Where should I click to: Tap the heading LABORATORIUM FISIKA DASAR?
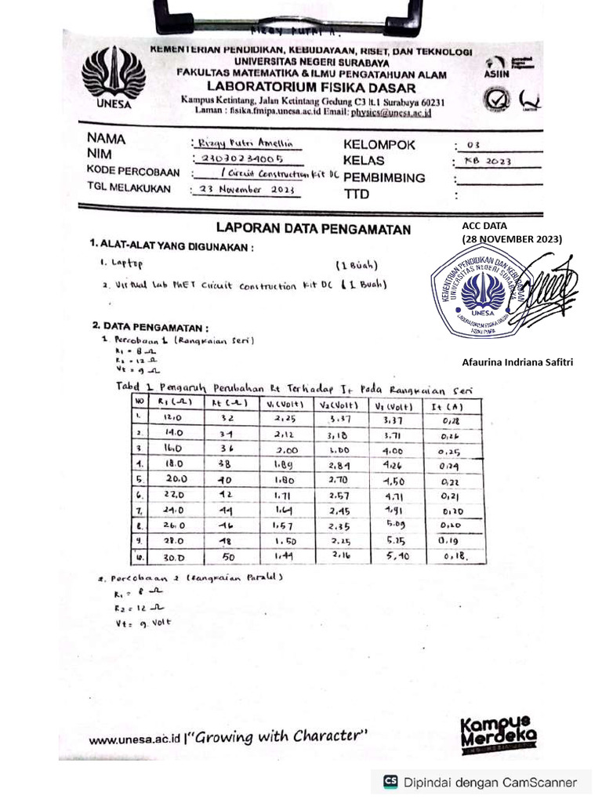click(x=312, y=87)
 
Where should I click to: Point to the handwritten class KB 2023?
click(x=487, y=162)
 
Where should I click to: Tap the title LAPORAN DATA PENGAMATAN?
click(x=313, y=229)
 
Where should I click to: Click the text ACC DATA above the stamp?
click(x=484, y=226)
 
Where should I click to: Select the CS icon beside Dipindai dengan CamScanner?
click(x=390, y=782)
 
